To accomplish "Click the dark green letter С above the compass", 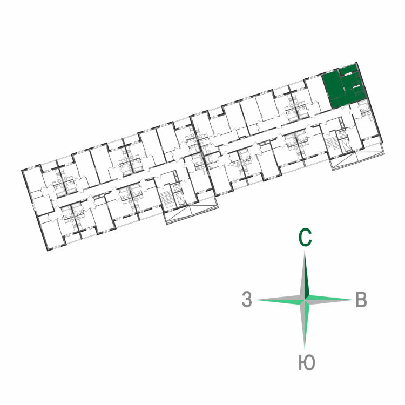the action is [305, 238].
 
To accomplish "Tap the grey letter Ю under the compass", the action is [307, 362].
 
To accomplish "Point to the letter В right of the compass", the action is [361, 300].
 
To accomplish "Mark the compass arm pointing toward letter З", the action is [280, 300].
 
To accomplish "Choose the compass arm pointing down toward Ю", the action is [305, 324].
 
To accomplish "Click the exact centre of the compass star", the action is [305, 300].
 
